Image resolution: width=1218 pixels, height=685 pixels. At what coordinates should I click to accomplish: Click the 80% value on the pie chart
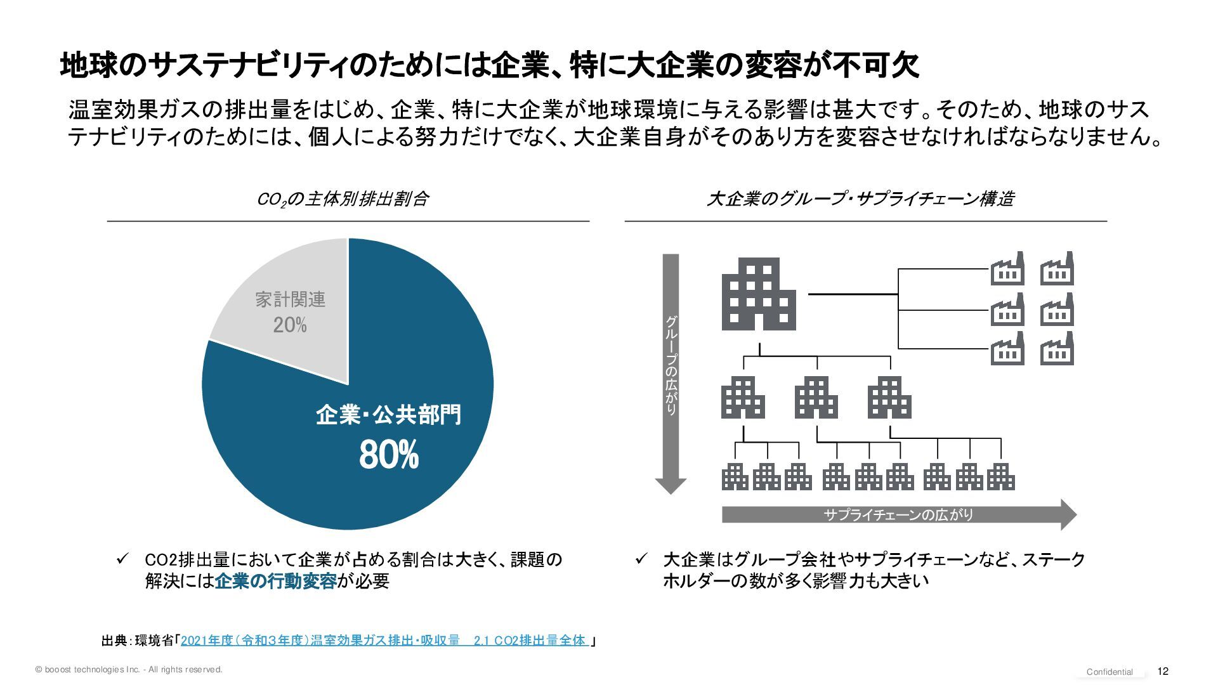(x=389, y=455)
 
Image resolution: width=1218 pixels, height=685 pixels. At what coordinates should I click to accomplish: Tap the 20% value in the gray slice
(x=290, y=325)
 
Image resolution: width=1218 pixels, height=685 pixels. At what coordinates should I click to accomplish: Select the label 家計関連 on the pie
(x=290, y=299)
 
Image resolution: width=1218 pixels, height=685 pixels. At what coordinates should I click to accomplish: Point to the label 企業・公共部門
(x=388, y=415)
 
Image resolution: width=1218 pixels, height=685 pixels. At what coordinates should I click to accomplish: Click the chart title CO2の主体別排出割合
(x=343, y=199)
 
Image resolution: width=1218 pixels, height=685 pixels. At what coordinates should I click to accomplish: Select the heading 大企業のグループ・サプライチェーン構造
(x=860, y=199)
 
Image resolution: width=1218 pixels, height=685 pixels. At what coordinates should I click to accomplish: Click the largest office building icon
(x=759, y=294)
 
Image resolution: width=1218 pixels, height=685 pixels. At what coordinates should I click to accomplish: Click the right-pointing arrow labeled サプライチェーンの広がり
(x=898, y=514)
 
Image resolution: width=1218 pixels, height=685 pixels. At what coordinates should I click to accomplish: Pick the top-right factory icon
(x=1057, y=269)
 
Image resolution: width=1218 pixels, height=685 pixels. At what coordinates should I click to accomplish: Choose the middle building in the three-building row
(x=816, y=398)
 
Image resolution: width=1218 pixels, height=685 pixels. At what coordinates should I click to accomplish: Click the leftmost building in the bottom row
(x=735, y=477)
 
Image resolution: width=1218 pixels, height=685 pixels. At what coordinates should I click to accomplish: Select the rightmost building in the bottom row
(x=1001, y=477)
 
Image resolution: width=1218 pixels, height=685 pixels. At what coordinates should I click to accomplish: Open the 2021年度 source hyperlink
(x=384, y=641)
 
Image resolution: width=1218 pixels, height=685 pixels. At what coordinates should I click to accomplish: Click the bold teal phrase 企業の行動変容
(x=275, y=581)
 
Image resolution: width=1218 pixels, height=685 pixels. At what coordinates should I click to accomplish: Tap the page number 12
(x=1163, y=671)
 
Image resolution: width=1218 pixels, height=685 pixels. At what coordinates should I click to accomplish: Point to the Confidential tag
(x=1110, y=672)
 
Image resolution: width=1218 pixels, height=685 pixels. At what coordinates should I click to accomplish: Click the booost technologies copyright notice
(x=129, y=670)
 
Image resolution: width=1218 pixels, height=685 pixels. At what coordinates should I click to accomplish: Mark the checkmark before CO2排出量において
(x=123, y=559)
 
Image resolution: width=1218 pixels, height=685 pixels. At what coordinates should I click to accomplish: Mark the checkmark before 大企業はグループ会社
(x=641, y=559)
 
